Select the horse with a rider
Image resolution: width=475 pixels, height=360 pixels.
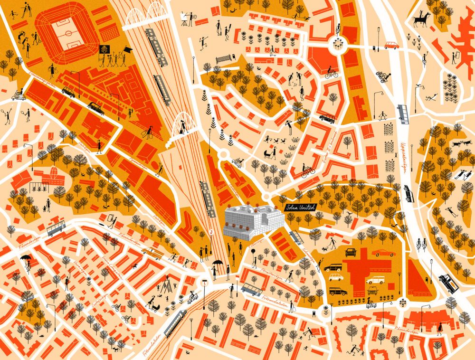[x=421, y=19]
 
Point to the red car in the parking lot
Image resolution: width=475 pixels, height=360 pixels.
[x=383, y=253]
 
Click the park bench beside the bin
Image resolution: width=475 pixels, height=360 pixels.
[x=223, y=60]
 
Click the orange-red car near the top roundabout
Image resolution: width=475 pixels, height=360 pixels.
[x=391, y=45]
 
